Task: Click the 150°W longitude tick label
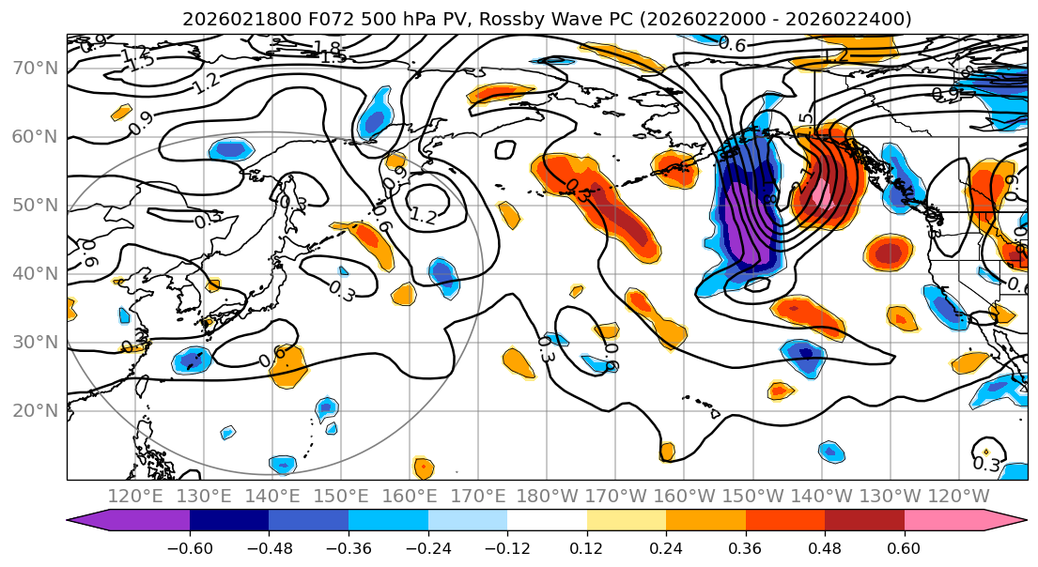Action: coord(752,496)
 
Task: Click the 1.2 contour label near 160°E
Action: coord(423,216)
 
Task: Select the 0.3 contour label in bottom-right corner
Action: coord(985,464)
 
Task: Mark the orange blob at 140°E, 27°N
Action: coord(288,366)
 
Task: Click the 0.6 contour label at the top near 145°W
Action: coord(732,44)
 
